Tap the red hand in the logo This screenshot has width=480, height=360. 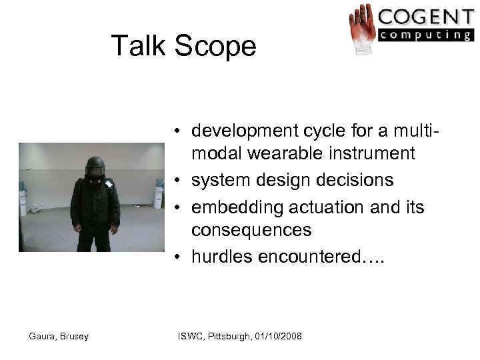click(x=363, y=29)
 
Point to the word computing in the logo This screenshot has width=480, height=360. click(x=425, y=35)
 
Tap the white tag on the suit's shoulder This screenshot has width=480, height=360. click(x=109, y=185)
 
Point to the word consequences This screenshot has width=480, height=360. click(x=251, y=231)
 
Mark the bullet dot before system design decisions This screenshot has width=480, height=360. click(x=181, y=181)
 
